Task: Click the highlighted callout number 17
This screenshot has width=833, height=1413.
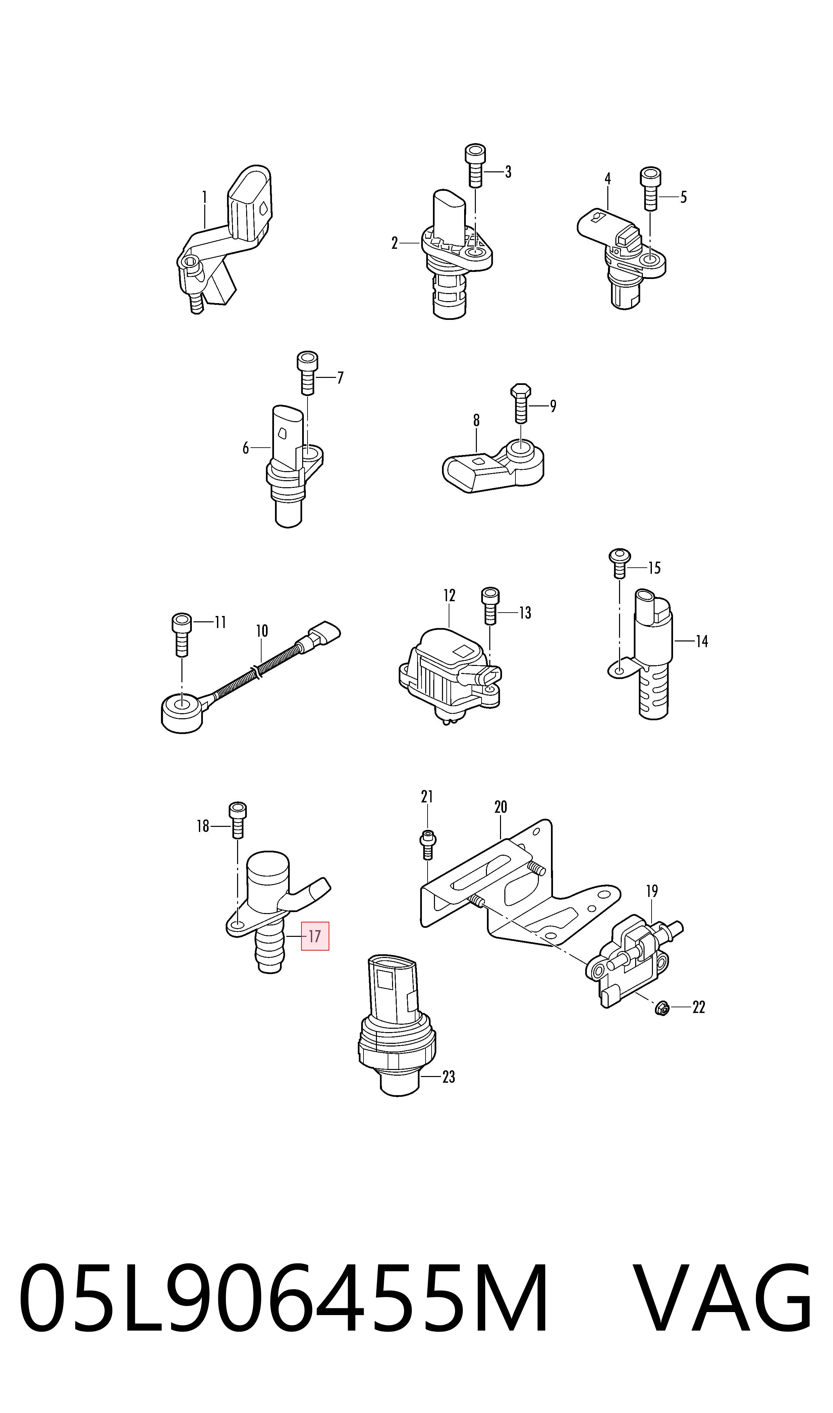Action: pos(315,936)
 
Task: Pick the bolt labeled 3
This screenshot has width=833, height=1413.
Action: pos(476,166)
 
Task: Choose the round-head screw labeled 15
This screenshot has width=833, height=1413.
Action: pos(620,563)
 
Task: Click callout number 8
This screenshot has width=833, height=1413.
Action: pos(477,420)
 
